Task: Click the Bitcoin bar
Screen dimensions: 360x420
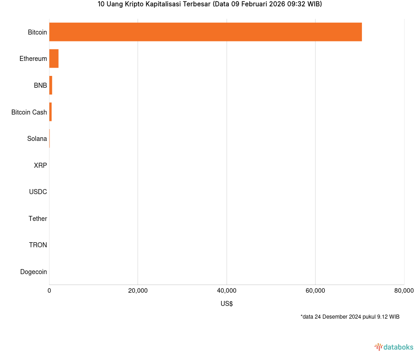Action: click(x=205, y=32)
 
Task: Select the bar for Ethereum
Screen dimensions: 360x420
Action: click(x=54, y=59)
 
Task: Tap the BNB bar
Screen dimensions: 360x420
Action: click(x=51, y=85)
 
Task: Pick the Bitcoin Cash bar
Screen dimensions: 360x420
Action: click(x=50, y=112)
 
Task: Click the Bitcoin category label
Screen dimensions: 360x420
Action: click(x=37, y=32)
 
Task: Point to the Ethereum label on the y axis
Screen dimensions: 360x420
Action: click(x=33, y=59)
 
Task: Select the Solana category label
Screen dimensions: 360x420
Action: click(x=37, y=139)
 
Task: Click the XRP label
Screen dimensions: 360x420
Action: click(x=40, y=165)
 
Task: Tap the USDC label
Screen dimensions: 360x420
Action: click(x=38, y=192)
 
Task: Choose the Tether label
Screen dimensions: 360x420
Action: click(x=38, y=219)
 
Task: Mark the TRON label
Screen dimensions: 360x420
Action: click(x=38, y=245)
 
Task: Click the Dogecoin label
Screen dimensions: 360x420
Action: click(x=34, y=272)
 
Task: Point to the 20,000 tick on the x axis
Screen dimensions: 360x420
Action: click(x=138, y=291)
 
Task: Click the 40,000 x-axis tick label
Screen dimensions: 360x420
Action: click(x=227, y=291)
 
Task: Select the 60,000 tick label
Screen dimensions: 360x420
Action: click(x=315, y=291)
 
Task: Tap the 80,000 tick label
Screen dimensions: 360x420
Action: click(x=404, y=291)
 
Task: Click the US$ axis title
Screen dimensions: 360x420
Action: click(x=227, y=304)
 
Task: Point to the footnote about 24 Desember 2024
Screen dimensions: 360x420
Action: click(x=350, y=317)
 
